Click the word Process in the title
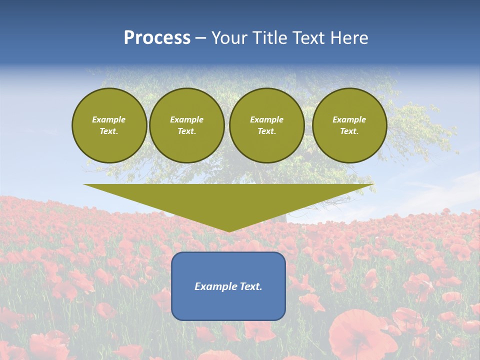coord(157,38)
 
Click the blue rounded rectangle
coord(228,305)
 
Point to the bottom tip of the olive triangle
coord(228,230)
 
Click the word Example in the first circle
coord(109,119)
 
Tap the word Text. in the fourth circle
coord(349,131)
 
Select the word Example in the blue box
coord(216,286)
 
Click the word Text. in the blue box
coord(251,286)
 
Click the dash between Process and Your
coord(201,39)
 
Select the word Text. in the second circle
coord(186,131)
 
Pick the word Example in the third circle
coord(266,119)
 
